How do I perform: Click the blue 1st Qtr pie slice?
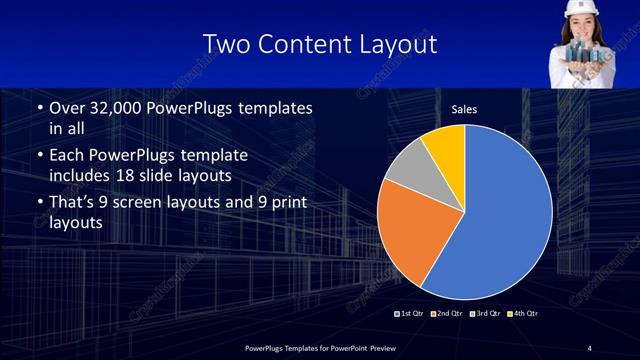pyautogui.click(x=500, y=220)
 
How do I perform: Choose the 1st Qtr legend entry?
pyautogui.click(x=410, y=313)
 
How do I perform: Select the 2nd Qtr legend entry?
pyautogui.click(x=446, y=313)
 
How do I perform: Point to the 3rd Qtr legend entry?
pyautogui.click(x=482, y=313)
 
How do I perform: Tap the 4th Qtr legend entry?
pyautogui.click(x=519, y=313)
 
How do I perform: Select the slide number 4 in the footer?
pyautogui.click(x=589, y=347)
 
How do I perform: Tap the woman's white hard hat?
pyautogui.click(x=579, y=8)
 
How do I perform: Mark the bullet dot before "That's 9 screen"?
pyautogui.click(x=38, y=205)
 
